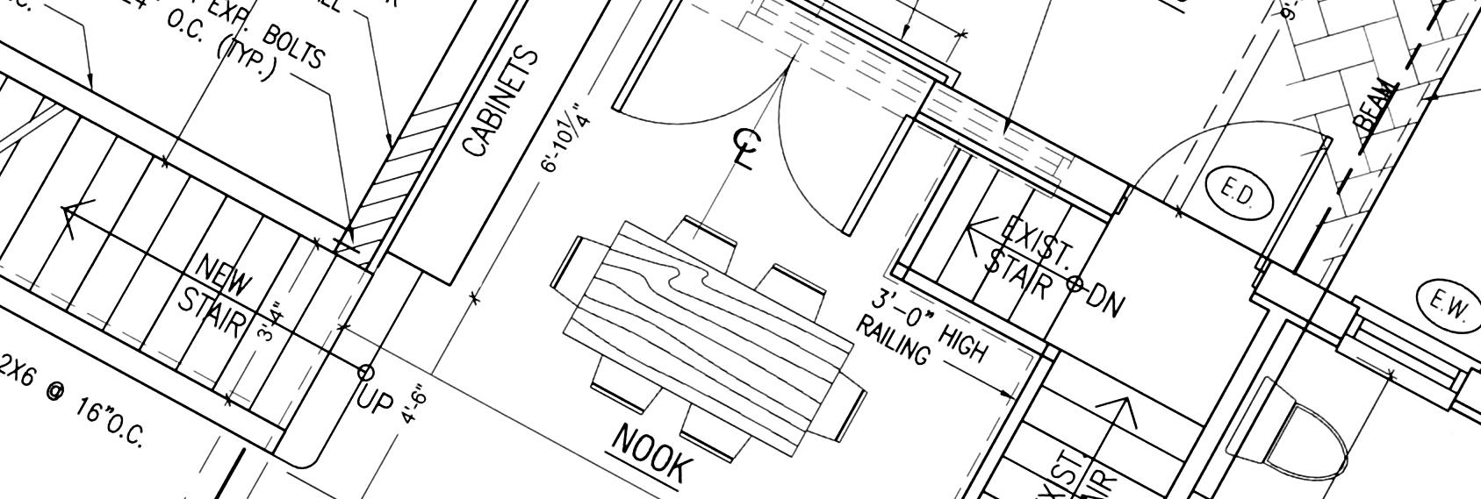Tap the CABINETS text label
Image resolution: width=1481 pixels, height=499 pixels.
[x=500, y=103]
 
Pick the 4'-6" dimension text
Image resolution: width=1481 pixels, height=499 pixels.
[x=415, y=405]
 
